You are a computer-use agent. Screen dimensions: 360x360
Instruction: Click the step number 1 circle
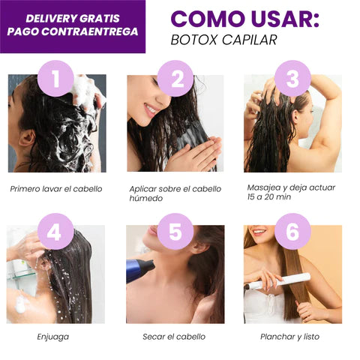point(55,79)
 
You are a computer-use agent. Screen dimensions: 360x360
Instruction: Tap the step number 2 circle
point(175,79)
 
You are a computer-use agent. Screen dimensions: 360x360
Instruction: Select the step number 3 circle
point(292,79)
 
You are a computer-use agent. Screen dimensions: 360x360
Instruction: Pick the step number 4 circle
point(55,232)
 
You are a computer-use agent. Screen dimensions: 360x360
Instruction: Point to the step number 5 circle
point(175,232)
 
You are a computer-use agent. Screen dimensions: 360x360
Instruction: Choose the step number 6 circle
point(292,232)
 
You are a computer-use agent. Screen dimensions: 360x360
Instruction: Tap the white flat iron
point(277,282)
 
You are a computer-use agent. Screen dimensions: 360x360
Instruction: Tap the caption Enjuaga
point(53,337)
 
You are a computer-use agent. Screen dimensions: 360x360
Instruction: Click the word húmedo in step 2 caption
point(146,198)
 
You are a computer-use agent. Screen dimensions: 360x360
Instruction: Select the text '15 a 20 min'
point(269,197)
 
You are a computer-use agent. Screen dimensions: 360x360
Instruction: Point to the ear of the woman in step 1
point(27,138)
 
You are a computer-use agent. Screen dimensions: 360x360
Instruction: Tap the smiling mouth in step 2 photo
point(151,110)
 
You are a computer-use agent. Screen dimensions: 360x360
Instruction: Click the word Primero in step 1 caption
point(25,189)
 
